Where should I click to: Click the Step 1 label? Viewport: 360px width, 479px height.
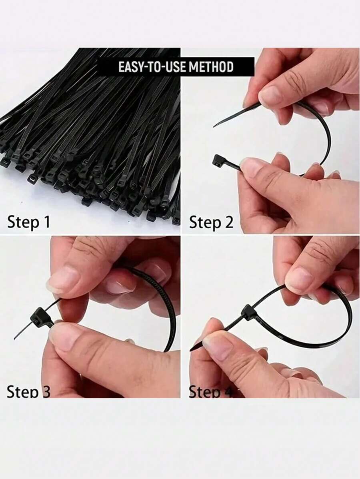pyautogui.click(x=29, y=222)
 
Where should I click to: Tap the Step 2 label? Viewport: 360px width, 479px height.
pyautogui.click(x=211, y=222)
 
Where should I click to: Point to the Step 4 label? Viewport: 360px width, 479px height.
pyautogui.click(x=210, y=392)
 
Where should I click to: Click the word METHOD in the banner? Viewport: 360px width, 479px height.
pyautogui.click(x=211, y=67)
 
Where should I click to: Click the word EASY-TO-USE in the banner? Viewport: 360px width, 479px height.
pyautogui.click(x=152, y=67)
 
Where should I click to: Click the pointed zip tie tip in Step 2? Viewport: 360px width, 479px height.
pyautogui.click(x=216, y=125)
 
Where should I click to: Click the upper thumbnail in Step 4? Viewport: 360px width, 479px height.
pyautogui.click(x=298, y=280)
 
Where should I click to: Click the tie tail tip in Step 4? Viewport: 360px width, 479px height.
pyautogui.click(x=191, y=350)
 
